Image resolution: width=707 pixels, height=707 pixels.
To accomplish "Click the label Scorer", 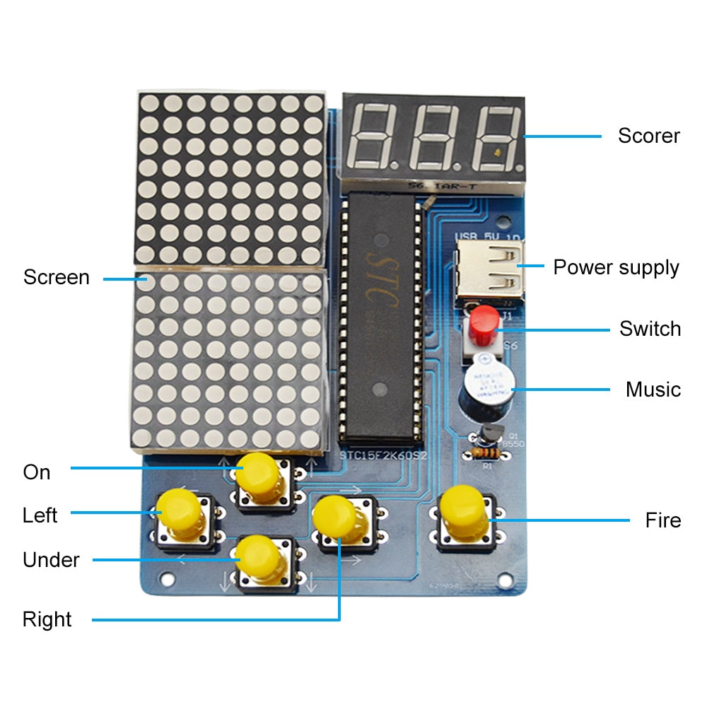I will click(648, 136).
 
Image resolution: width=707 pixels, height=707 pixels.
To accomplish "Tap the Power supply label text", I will click(616, 267).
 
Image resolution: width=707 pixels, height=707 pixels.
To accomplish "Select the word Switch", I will click(650, 329).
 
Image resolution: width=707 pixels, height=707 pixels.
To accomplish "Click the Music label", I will click(653, 390).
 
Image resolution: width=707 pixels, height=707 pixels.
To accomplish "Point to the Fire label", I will click(662, 520).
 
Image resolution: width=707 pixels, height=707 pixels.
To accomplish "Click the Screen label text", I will click(56, 277).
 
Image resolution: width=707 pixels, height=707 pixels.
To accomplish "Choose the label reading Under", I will click(51, 560).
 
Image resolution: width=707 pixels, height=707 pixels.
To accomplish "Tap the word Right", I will click(47, 619).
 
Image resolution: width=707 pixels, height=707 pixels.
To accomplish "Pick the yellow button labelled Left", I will click(179, 510).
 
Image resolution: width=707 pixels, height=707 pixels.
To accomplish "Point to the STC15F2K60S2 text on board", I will click(384, 456).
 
